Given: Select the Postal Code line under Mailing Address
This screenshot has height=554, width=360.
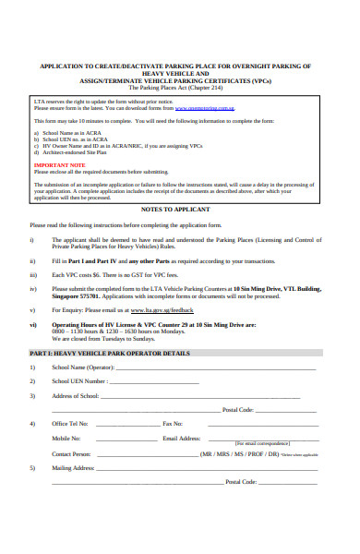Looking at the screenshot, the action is (294, 482).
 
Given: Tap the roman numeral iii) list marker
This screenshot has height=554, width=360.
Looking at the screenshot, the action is (33, 274).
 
